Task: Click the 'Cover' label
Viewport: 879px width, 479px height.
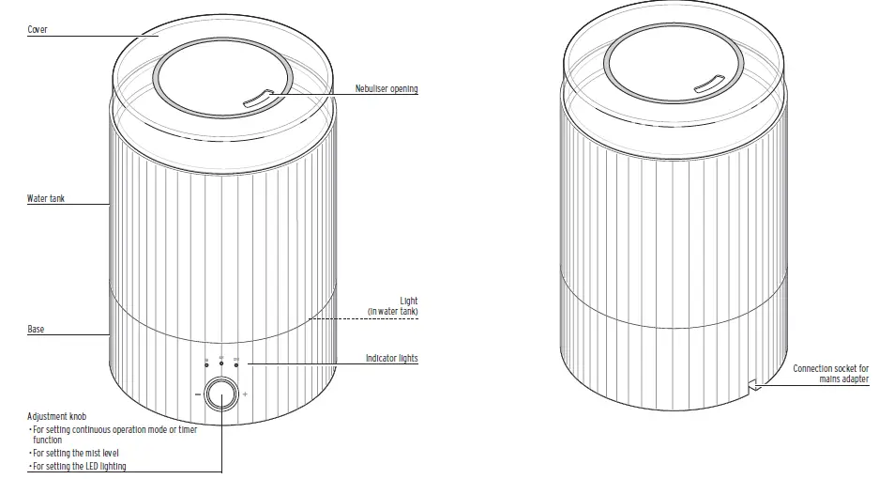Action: point(38,30)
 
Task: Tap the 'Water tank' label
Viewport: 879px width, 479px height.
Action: point(45,199)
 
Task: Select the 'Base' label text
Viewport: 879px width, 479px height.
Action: point(36,330)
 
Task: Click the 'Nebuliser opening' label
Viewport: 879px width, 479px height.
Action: point(386,89)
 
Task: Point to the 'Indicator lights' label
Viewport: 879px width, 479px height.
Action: point(391,359)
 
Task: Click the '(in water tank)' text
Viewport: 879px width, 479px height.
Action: point(392,311)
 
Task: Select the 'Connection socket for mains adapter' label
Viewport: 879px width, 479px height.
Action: point(830,374)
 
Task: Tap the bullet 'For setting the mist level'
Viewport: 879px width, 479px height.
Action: point(75,453)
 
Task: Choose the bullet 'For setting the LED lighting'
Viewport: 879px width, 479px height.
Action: point(79,466)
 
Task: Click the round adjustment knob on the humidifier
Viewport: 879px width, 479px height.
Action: point(221,394)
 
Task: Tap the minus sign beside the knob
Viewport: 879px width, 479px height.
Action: point(197,395)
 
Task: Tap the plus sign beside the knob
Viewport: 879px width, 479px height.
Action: point(246,395)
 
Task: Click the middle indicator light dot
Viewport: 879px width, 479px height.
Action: point(221,363)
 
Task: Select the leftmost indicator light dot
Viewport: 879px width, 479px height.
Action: point(206,363)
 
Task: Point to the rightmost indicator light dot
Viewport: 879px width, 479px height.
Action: point(236,363)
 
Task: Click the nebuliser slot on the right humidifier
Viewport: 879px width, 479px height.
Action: point(707,89)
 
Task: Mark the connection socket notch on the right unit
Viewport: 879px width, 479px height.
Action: point(753,385)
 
